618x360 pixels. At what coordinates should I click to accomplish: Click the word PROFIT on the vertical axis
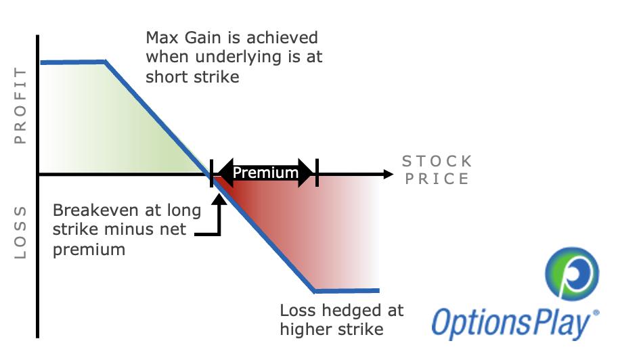(x=20, y=105)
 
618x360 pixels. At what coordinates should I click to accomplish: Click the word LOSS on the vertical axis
(x=20, y=233)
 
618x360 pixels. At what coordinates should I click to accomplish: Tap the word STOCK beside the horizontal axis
(x=437, y=161)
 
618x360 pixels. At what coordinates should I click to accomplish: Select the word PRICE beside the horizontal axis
(x=437, y=179)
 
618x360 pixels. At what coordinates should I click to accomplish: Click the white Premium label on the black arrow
(x=265, y=173)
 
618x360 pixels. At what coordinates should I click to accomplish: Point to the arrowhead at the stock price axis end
(x=388, y=174)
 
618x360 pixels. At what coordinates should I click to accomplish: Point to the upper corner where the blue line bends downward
(x=106, y=62)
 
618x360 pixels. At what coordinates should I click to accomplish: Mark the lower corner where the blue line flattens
(x=315, y=291)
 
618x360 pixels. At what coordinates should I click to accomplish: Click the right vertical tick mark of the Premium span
(x=317, y=174)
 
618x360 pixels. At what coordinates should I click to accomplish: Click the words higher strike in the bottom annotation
(x=332, y=330)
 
